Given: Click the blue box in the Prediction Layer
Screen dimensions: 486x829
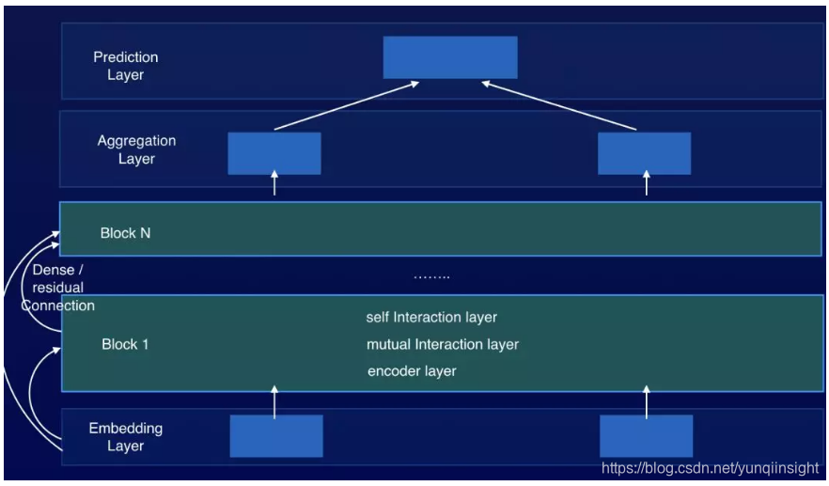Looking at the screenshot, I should tap(450, 57).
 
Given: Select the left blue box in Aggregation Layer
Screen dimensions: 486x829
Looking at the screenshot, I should tap(274, 152).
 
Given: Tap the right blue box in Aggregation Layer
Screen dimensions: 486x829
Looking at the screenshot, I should tap(645, 152).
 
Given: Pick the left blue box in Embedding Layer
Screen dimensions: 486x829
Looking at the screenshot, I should tap(276, 436).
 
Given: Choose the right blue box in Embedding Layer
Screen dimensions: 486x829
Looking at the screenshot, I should tap(647, 436).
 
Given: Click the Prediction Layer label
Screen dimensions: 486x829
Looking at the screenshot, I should tap(126, 66).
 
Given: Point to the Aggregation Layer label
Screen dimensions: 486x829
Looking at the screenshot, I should tap(136, 149).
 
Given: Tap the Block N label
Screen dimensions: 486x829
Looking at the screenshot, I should tap(125, 232).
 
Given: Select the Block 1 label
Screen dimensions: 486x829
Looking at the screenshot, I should tap(125, 344).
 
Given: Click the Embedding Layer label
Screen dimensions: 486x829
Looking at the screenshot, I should tap(125, 436).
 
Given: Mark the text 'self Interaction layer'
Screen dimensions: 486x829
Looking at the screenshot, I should tap(431, 318).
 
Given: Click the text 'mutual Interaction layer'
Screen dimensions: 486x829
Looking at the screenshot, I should tap(443, 344).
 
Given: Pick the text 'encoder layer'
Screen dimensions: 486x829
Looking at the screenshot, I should tap(412, 371).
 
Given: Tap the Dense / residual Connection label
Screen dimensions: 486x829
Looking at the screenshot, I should tap(58, 288).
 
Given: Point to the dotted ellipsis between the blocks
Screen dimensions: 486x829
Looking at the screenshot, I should tap(431, 276).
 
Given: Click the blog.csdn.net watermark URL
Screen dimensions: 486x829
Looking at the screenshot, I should tap(710, 467).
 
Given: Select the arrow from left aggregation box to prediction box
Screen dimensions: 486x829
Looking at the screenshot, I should tap(346, 105).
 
